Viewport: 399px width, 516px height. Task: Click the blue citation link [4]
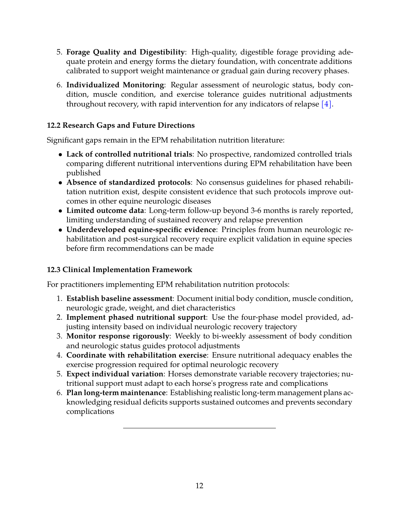click(x=326, y=104)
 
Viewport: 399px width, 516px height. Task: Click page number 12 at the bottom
click(x=199, y=486)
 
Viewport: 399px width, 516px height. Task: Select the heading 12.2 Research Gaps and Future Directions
click(x=121, y=125)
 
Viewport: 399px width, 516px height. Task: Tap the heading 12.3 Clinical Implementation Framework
click(x=120, y=270)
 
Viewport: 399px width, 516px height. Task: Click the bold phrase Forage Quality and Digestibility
click(x=125, y=52)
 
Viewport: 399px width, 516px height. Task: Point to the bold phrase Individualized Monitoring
click(x=115, y=85)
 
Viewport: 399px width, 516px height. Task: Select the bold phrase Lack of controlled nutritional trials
click(x=129, y=154)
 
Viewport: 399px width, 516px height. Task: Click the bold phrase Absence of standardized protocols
click(x=128, y=182)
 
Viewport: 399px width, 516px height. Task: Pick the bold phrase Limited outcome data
click(x=105, y=210)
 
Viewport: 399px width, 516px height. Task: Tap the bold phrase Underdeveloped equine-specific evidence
click(x=141, y=229)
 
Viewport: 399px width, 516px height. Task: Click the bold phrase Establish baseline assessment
click(x=119, y=298)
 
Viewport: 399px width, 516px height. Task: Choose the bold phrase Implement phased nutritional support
click(x=136, y=317)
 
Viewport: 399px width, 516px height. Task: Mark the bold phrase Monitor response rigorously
click(x=118, y=336)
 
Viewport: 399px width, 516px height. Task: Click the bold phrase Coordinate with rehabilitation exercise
click(x=136, y=355)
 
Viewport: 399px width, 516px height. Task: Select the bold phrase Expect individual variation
click(x=114, y=374)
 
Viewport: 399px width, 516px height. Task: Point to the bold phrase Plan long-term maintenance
click(x=116, y=393)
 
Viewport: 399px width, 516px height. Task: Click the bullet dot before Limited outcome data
click(x=61, y=211)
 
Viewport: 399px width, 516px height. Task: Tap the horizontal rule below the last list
click(x=199, y=428)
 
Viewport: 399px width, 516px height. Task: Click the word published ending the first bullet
click(x=83, y=173)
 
